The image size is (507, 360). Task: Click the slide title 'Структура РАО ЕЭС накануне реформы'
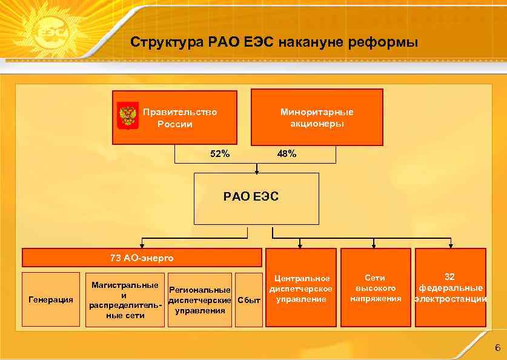274,43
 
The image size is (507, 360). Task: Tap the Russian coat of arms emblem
127,115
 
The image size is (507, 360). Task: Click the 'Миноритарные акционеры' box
317,118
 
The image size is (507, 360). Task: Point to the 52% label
220,154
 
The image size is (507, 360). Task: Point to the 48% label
287,154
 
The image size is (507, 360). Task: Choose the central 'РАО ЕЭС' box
256,198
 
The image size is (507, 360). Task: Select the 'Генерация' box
51,299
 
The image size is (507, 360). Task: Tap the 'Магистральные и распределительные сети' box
124,299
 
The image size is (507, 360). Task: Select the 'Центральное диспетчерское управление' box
301,288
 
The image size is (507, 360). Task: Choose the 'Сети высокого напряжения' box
375,288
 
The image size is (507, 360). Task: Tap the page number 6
497,348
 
